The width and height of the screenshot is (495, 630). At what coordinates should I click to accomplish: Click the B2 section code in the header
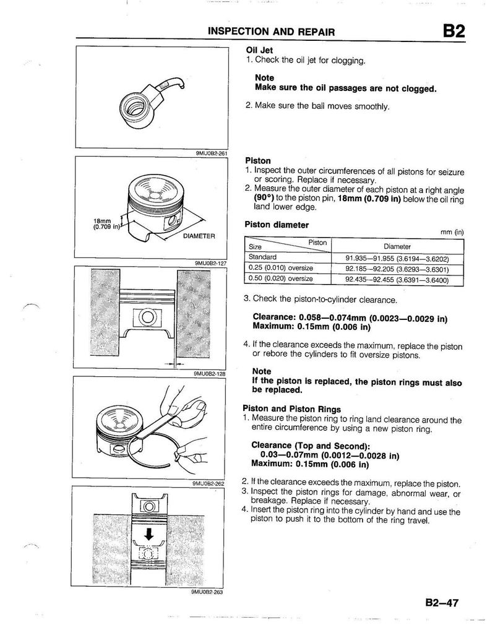point(452,30)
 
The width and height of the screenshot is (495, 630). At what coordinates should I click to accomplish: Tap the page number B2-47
point(441,603)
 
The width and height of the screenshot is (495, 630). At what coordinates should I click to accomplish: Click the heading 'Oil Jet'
point(259,51)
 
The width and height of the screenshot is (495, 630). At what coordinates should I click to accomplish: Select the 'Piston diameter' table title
point(277,224)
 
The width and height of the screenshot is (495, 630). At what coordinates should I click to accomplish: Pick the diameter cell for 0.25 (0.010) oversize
point(397,269)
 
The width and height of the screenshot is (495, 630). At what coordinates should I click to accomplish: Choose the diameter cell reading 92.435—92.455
point(397,279)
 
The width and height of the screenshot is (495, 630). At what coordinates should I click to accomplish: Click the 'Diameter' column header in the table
point(397,246)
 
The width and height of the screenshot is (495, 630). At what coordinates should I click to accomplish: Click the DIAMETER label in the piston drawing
point(199,236)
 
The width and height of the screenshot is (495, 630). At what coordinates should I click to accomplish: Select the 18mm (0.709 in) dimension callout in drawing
point(106,223)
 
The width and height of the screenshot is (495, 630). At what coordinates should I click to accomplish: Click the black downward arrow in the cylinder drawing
point(148,533)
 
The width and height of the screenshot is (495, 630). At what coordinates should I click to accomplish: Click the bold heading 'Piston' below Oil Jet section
point(258,159)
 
